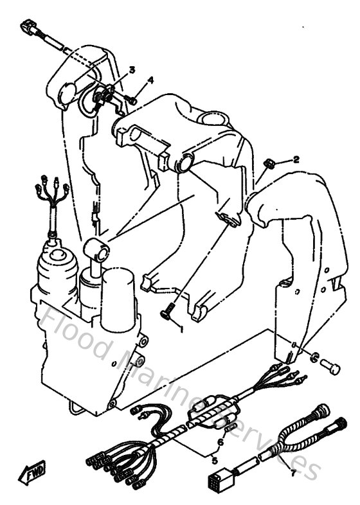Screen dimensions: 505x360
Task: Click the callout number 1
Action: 183,330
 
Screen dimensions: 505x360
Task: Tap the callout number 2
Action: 297,159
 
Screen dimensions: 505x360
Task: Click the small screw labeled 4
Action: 131,100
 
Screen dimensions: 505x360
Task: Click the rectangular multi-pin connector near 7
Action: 217,480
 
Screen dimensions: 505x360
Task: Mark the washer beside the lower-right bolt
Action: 314,357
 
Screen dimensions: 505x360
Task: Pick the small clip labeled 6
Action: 226,428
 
